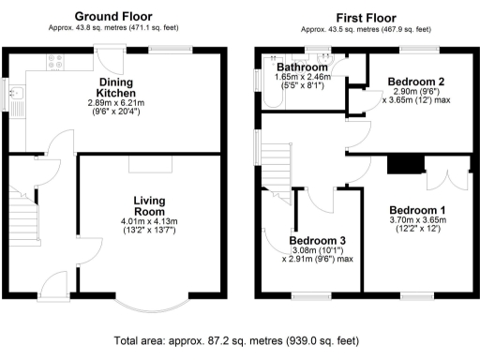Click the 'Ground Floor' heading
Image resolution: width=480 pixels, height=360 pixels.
tap(113, 16)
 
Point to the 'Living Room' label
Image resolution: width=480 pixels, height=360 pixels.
tap(149, 207)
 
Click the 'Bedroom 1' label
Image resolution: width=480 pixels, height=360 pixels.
tap(417, 209)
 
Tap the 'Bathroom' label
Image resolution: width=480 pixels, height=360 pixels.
tap(302, 68)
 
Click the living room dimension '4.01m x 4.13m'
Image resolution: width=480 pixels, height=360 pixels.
tap(149, 220)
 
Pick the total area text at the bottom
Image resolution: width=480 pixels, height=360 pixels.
tap(238, 342)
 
